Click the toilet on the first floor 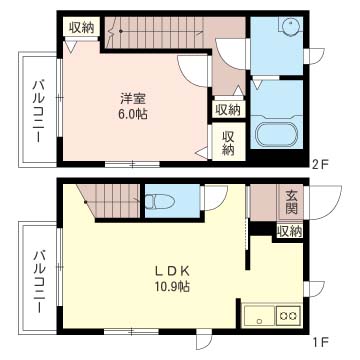(x=160, y=202)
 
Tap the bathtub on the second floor (x=276, y=135)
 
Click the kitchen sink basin (x=259, y=315)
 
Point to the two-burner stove (x=289, y=315)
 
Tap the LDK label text (x=172, y=271)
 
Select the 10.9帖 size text (x=172, y=286)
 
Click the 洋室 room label (x=133, y=99)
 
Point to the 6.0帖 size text (x=133, y=115)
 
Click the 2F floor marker (x=320, y=164)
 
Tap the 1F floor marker (x=320, y=341)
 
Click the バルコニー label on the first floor (x=39, y=282)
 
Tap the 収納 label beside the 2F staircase (x=82, y=28)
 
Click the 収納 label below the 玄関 (x=290, y=231)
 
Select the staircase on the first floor (x=109, y=201)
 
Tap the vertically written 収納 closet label (x=228, y=143)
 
